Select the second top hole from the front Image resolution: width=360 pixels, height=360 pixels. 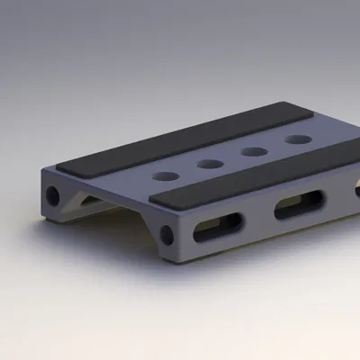click(211, 165)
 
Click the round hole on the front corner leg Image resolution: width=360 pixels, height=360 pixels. click(166, 236)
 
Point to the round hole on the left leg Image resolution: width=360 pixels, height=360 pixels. click(53, 194)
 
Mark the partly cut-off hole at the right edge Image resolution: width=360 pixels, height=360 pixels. click(357, 191)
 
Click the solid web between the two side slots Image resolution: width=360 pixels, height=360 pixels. click(257, 218)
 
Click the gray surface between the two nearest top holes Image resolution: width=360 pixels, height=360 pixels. click(189, 172)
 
